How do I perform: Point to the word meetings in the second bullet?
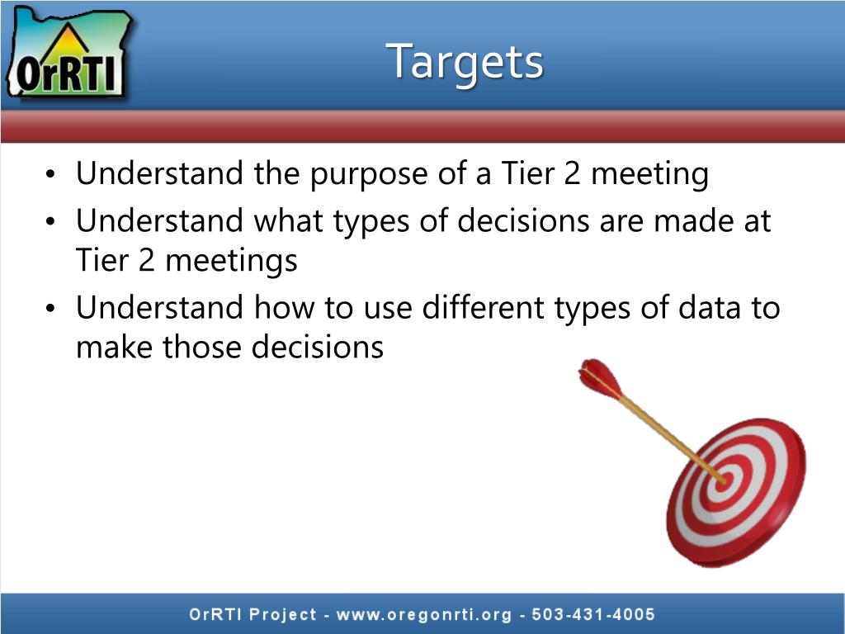click(x=231, y=261)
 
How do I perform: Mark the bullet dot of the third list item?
click(x=51, y=310)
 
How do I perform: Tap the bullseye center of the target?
click(x=724, y=478)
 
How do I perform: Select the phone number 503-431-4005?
click(x=593, y=614)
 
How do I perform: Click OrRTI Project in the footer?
click(x=253, y=614)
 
